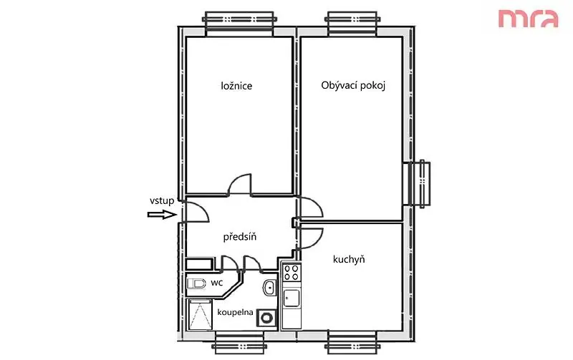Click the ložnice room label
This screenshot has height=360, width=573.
pos(236,86)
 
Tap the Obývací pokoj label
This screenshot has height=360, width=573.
pos(353,85)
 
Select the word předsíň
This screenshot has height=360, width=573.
pos(240,237)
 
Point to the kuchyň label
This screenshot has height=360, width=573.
pos(349,259)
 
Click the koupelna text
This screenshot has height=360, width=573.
pos(236,312)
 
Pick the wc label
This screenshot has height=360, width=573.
pos(217,283)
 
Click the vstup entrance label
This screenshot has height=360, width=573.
pos(162,200)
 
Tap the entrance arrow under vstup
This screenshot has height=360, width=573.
pos(163,215)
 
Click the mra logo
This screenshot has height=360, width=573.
pos(529,19)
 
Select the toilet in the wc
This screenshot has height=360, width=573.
pos(196,283)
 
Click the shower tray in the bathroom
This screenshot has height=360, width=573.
pos(201,314)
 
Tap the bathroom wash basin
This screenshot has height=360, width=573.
pos(270,288)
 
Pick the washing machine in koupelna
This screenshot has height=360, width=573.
pos(267,317)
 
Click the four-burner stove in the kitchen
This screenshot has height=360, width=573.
pos(292,273)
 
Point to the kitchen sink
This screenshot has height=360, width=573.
pos(292,298)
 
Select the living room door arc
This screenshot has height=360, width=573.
pos(314,203)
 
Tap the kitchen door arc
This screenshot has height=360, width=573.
pos(315,242)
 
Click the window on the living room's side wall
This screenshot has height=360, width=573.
pos(419,184)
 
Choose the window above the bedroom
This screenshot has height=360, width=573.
pos(239,24)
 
